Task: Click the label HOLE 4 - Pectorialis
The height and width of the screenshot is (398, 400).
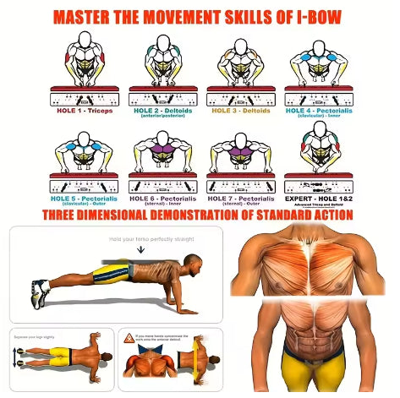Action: pyautogui.click(x=319, y=110)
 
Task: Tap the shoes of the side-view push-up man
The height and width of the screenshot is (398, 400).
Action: pyautogui.click(x=38, y=292)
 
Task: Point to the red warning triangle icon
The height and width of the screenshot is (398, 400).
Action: pyautogui.click(x=129, y=337)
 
